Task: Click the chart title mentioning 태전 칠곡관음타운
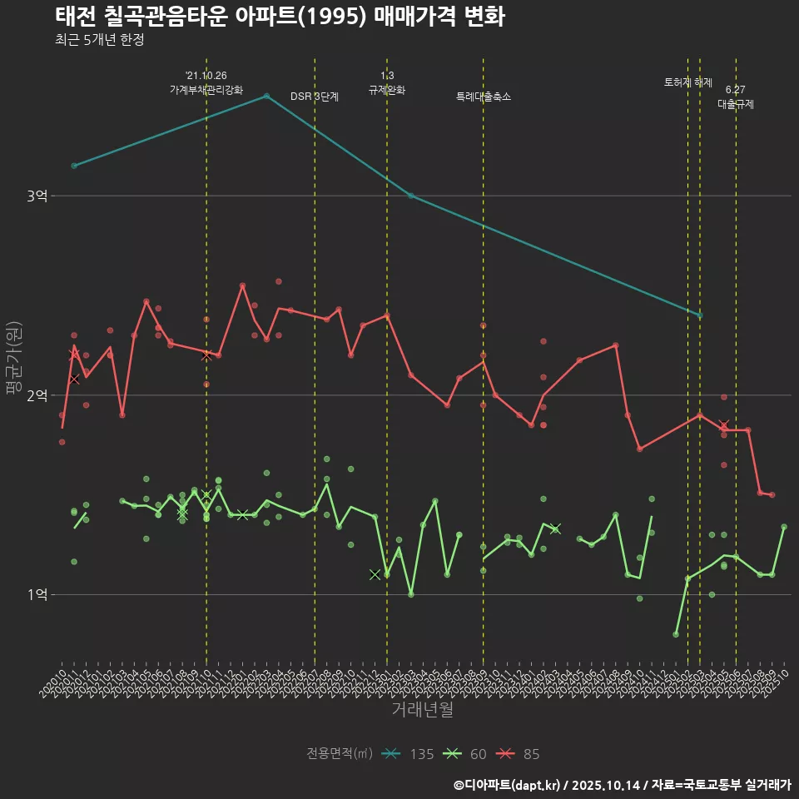point(280,16)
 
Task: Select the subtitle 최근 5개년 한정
point(99,40)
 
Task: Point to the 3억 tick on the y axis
point(37,196)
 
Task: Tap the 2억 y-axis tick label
point(37,395)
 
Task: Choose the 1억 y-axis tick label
point(37,594)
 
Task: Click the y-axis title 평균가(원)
point(15,358)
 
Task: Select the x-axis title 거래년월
point(422,710)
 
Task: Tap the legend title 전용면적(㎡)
point(340,754)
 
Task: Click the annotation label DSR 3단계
point(315,97)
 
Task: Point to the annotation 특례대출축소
point(484,97)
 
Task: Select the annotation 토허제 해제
point(688,82)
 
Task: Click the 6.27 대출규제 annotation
point(736,97)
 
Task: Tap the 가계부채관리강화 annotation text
point(206,90)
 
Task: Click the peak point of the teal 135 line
point(266,96)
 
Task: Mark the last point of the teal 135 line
point(700,315)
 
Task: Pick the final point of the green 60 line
point(784,527)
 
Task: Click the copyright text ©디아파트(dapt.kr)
point(508,785)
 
